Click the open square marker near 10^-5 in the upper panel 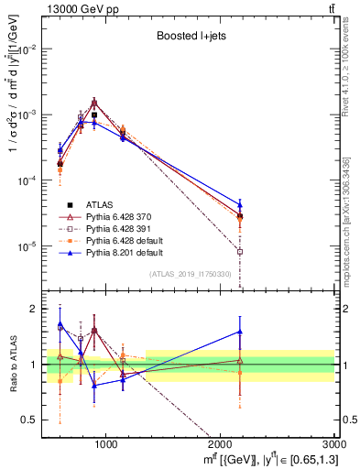(240, 252)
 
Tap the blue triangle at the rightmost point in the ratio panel (240, 332)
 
